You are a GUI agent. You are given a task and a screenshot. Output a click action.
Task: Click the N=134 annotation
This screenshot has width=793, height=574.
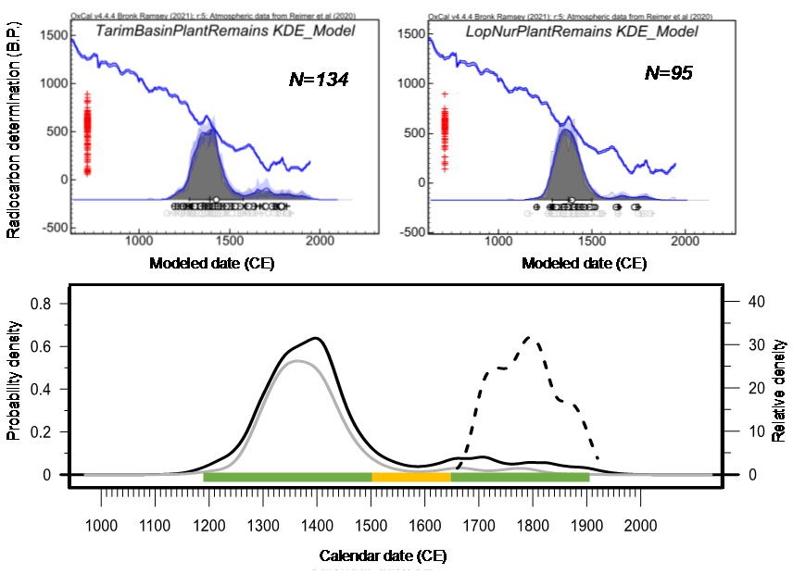[318, 81]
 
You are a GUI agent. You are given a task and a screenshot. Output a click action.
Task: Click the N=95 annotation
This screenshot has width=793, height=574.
[669, 72]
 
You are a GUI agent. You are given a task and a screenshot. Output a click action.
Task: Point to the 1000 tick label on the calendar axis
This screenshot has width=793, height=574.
[101, 527]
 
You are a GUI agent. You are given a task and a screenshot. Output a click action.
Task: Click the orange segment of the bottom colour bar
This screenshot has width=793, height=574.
[411, 477]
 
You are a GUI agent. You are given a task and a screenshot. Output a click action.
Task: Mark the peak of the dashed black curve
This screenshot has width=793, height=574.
[530, 337]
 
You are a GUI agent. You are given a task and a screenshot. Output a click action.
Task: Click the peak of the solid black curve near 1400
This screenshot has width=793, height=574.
[317, 338]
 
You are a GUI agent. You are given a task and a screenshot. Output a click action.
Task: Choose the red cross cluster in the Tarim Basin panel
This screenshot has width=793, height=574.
[88, 131]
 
